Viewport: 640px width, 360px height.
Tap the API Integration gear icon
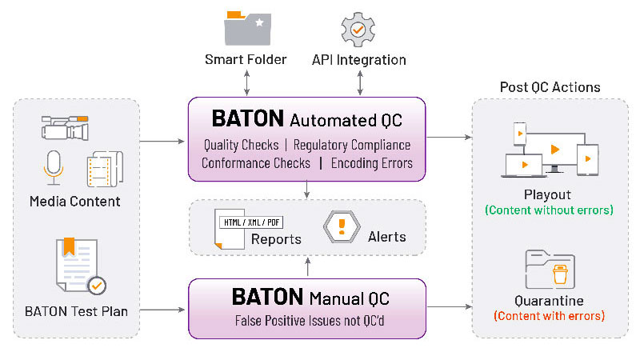358,29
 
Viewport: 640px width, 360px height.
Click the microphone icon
53,166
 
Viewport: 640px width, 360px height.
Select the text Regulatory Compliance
352,145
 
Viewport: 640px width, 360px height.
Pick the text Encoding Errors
372,162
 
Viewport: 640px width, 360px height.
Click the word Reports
276,238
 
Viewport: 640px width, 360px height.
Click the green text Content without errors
549,210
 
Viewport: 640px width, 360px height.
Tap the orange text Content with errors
549,316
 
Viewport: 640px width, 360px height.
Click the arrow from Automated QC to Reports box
308,190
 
